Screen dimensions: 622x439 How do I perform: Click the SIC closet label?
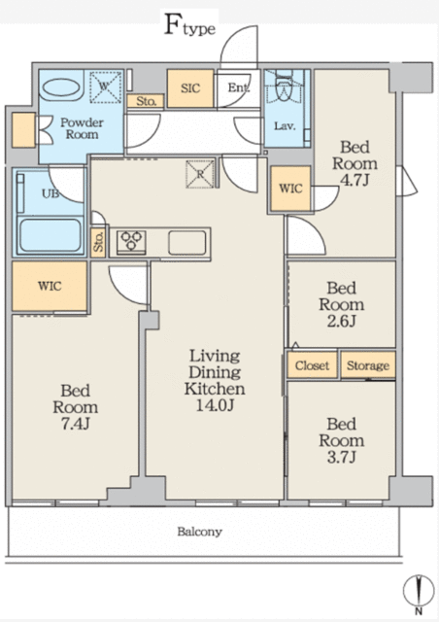coord(189,87)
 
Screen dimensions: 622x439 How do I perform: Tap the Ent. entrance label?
coord(238,88)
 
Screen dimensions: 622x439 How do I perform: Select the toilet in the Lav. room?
coord(285,90)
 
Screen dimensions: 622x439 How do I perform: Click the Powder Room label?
coord(83,129)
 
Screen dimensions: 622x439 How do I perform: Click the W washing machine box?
coord(104,86)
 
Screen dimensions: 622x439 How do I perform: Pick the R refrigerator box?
coord(199,174)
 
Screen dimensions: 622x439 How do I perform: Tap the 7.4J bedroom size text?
coord(75,425)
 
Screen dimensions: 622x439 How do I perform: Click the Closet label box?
coord(311,365)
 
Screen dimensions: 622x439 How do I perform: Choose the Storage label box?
coord(367,365)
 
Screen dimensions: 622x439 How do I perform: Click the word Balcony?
coord(199,532)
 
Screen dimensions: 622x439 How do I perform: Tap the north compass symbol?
coord(419,593)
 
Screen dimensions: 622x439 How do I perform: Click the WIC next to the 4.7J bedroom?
coord(290,189)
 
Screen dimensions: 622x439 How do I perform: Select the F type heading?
coord(189,26)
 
